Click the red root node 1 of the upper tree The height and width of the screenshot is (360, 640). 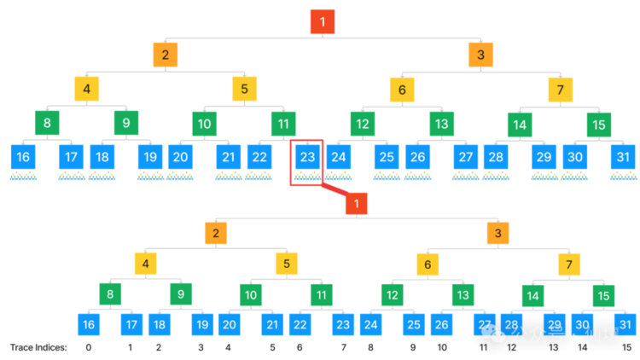(323, 21)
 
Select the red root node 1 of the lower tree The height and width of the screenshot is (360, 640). (357, 203)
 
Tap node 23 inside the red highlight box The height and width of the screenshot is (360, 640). (307, 157)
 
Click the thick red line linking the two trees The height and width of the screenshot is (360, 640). (335, 189)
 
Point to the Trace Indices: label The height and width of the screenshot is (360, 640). (38, 347)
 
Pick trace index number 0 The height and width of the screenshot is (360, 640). (89, 347)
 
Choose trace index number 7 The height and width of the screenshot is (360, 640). (344, 347)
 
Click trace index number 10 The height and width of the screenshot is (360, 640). (442, 347)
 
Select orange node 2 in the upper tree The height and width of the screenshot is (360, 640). (166, 55)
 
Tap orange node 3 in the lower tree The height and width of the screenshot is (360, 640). (498, 233)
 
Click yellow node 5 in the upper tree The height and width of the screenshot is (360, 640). (245, 89)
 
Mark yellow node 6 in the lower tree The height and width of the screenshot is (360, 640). (428, 264)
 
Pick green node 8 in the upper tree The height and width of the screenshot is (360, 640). (47, 123)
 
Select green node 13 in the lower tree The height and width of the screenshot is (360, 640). (463, 294)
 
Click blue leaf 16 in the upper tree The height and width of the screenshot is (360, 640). (23, 157)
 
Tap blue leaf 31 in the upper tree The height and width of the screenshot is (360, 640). (623, 157)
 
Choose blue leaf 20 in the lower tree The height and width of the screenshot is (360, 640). (230, 324)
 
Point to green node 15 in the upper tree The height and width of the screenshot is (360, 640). (599, 125)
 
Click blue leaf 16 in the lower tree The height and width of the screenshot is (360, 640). (89, 324)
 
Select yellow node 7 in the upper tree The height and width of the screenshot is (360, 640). (561, 90)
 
